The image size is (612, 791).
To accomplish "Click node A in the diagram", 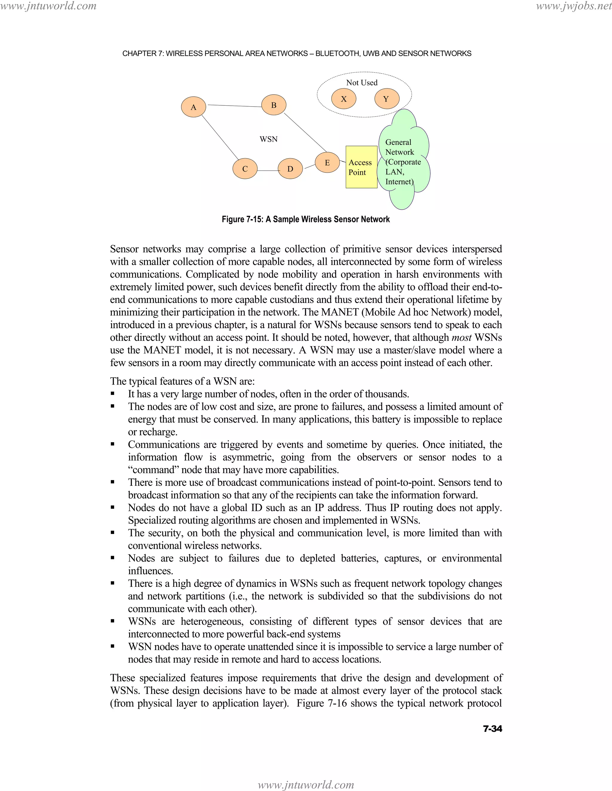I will (194, 107).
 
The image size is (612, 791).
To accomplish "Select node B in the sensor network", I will (274, 105).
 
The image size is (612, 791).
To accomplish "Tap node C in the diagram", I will (245, 169).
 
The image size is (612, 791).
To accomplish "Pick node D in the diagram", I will (290, 169).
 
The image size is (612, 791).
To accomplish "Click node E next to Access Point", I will (327, 163).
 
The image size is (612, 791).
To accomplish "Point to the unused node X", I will (344, 99).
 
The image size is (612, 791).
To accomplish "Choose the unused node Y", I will (386, 99).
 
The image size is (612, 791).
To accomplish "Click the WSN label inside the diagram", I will (268, 139).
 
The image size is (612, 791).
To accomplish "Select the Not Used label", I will (362, 83).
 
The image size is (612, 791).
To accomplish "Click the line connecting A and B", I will (234, 106).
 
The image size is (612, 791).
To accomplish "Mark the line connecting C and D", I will (267, 170).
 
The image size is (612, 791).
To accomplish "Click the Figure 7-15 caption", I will (306, 219).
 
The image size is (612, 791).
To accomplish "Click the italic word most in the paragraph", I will (461, 338).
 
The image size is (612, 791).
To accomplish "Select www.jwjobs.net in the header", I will (573, 6).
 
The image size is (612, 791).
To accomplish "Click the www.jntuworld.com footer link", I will (306, 784).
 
